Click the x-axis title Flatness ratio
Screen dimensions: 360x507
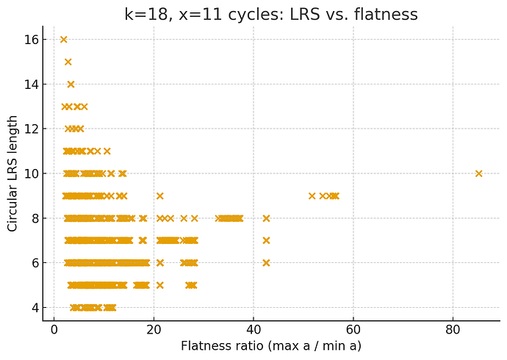pos(271,345)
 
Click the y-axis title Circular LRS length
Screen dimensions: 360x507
pos(13,173)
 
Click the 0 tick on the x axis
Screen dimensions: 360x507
pos(54,328)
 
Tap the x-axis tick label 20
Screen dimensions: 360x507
pos(154,328)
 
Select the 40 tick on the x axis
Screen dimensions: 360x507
pos(253,328)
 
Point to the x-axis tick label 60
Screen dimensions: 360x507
pos(353,328)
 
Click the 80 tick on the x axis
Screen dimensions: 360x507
pos(453,328)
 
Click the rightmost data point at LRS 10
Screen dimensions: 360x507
pos(478,173)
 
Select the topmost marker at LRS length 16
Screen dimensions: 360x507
pos(63,40)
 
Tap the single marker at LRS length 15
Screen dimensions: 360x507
pos(68,62)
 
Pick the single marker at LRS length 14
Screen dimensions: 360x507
pos(71,84)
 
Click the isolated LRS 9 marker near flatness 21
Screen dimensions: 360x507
pos(159,196)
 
